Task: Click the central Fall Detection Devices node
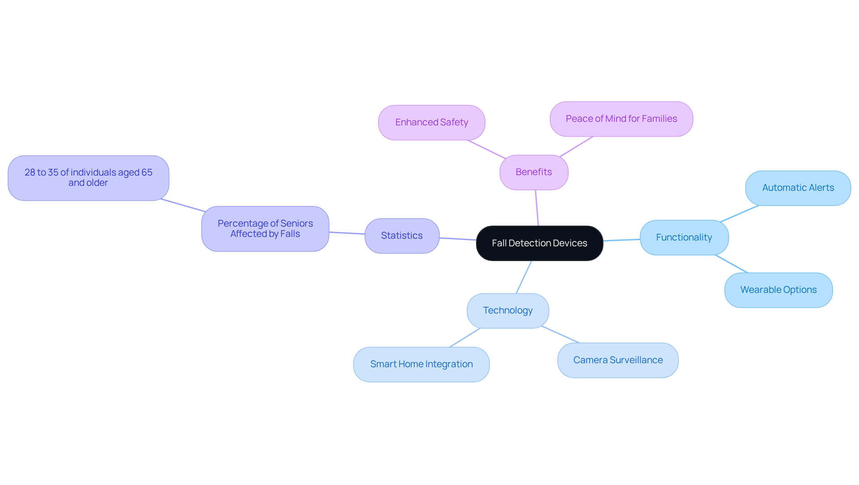pyautogui.click(x=540, y=243)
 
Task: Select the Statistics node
pyautogui.click(x=402, y=236)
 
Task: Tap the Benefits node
pyautogui.click(x=534, y=172)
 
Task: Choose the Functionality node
pyautogui.click(x=684, y=237)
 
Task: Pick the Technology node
pyautogui.click(x=508, y=310)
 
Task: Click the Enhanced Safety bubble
pyautogui.click(x=432, y=122)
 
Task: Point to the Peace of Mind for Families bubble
pyautogui.click(x=621, y=119)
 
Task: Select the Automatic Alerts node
pyautogui.click(x=798, y=188)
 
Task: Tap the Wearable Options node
pyautogui.click(x=778, y=290)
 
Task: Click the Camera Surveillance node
pyautogui.click(x=618, y=360)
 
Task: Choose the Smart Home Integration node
pyautogui.click(x=421, y=364)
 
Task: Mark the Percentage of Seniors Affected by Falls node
pyautogui.click(x=265, y=228)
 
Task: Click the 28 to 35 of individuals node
pyautogui.click(x=89, y=178)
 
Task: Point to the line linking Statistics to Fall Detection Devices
pyautogui.click(x=458, y=239)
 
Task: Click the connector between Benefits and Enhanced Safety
pyautogui.click(x=486, y=149)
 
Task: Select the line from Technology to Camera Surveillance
pyautogui.click(x=560, y=334)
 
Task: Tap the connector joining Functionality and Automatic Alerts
pyautogui.click(x=740, y=214)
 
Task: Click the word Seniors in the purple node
pyautogui.click(x=297, y=223)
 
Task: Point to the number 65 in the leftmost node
pyautogui.click(x=147, y=172)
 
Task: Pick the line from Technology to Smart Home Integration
pyautogui.click(x=465, y=338)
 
